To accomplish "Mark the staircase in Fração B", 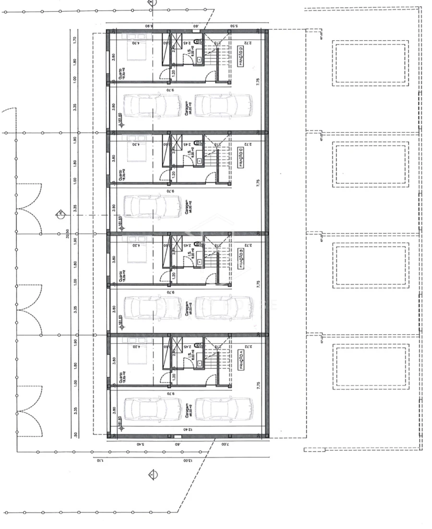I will (214, 264).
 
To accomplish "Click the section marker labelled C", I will (60, 214).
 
